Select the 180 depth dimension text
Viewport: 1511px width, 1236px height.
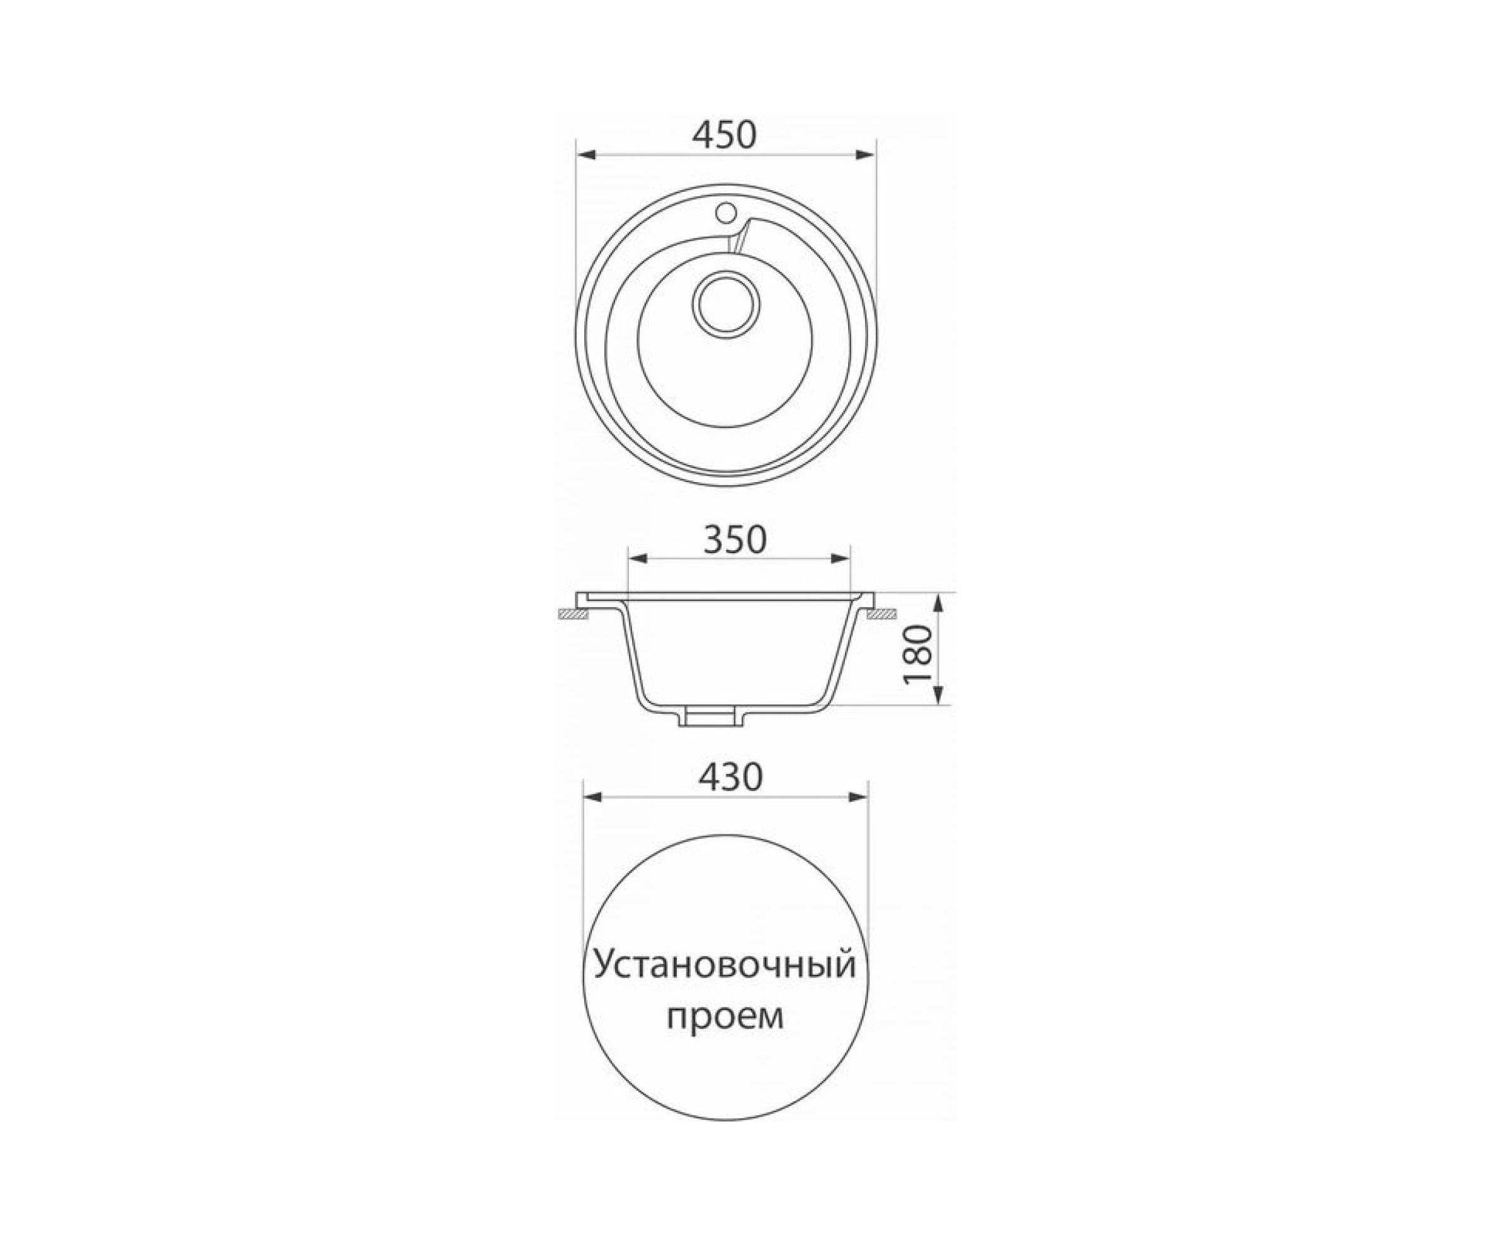[x=917, y=655]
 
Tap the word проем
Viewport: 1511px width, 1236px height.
[x=725, y=1018]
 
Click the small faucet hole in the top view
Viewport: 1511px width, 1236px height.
[x=726, y=211]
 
